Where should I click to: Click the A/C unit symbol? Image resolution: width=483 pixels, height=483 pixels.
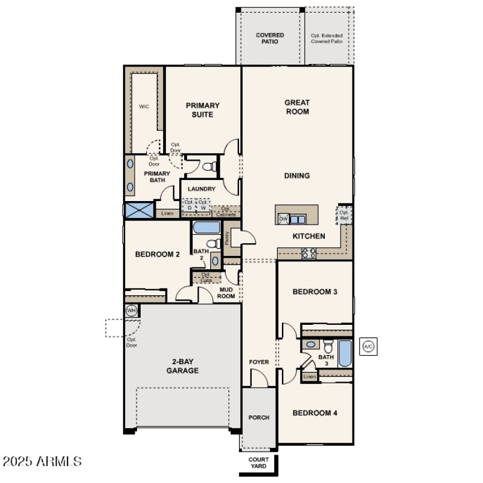[x=368, y=347]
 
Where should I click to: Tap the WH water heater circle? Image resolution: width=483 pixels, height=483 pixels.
[x=131, y=311]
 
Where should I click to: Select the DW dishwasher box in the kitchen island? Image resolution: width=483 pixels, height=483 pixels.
[x=283, y=219]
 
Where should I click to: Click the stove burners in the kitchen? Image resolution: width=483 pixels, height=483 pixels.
[x=309, y=254]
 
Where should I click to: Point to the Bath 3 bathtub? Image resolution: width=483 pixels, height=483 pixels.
[x=345, y=354]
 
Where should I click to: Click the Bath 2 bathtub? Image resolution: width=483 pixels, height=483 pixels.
[x=206, y=228]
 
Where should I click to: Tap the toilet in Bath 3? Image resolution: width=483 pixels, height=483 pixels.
[x=328, y=346]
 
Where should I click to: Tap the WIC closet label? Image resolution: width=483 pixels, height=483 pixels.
[x=144, y=107]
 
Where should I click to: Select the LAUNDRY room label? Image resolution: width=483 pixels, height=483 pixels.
[x=201, y=189]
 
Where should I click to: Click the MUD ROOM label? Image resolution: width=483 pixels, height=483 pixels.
[x=226, y=293]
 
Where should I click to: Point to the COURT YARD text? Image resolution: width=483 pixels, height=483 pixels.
[x=259, y=463]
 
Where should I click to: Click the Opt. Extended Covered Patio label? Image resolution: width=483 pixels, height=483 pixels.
[x=327, y=39]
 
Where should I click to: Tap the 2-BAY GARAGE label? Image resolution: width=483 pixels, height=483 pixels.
[x=182, y=366]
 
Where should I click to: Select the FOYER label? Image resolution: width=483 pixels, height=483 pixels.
[x=259, y=362]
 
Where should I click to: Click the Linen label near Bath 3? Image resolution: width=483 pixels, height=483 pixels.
[x=310, y=377]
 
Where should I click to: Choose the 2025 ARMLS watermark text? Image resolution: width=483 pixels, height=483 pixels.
[x=42, y=462]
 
